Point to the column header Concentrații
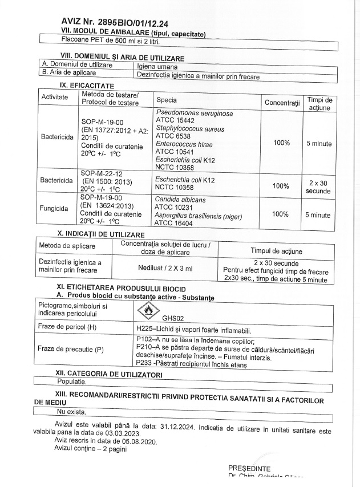[x=282, y=102]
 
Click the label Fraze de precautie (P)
[x=71, y=349]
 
